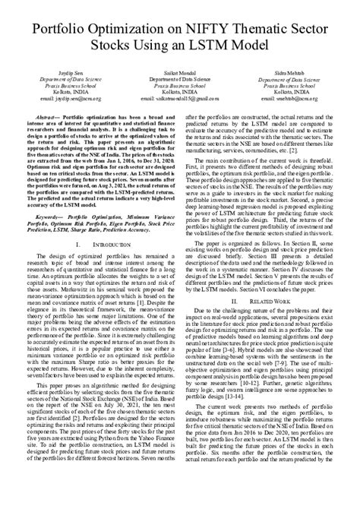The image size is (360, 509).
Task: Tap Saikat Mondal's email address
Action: click(179, 97)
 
